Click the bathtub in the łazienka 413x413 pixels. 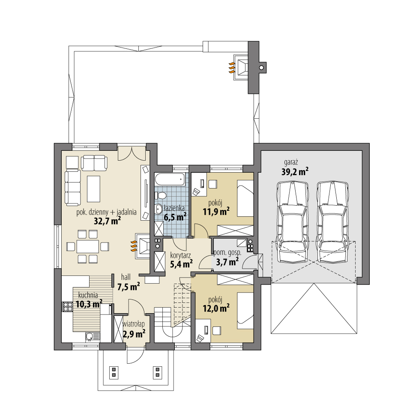coord(171,180)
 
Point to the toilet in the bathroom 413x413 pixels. coord(161,195)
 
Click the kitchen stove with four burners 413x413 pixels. coord(68,306)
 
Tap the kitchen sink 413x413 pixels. coord(91,336)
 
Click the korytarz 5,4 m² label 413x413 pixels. coord(181,260)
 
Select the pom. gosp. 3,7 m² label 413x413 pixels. coord(227,257)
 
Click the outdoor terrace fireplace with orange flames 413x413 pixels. coord(240,67)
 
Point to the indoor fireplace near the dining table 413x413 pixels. coord(142,246)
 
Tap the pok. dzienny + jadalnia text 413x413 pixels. coord(107,211)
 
